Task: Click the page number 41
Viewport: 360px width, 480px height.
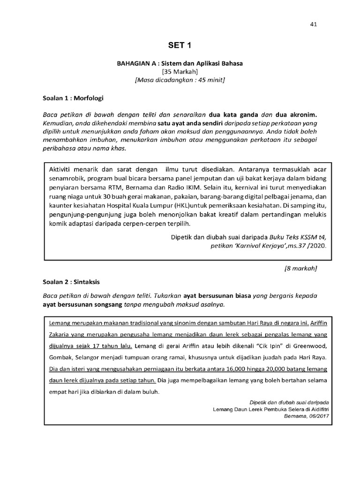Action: point(314,24)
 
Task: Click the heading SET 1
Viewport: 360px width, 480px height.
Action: point(180,45)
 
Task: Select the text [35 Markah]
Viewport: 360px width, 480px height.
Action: point(180,72)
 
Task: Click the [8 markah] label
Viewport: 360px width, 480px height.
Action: point(301,269)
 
